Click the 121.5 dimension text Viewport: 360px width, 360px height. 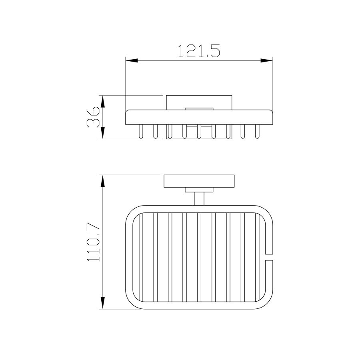click(x=199, y=51)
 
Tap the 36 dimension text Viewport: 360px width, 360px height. click(x=93, y=117)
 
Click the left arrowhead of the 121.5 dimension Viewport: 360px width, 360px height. click(x=132, y=61)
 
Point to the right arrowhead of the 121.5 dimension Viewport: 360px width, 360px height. click(x=266, y=61)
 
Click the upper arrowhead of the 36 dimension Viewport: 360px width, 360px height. click(x=103, y=102)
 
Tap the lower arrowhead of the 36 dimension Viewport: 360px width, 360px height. click(x=103, y=133)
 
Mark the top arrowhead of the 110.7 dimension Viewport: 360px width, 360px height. click(x=103, y=181)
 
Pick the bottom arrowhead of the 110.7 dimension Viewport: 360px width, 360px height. click(x=103, y=303)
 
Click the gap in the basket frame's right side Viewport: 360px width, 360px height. click(x=269, y=257)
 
